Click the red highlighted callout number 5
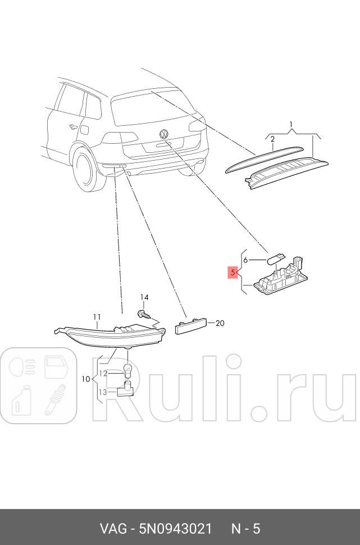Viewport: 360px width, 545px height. tap(232, 273)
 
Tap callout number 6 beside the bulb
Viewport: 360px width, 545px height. tap(245, 260)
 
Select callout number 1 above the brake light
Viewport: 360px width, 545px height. tap(291, 124)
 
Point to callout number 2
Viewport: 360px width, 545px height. tap(272, 139)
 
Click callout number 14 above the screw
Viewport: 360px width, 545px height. tap(144, 297)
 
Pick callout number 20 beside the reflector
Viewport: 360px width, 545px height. tap(220, 323)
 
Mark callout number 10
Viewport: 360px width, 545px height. tap(85, 379)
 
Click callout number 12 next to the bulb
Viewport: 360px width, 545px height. tap(103, 373)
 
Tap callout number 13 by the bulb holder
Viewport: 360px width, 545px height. tap(103, 392)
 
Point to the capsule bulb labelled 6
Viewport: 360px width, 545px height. tap(274, 259)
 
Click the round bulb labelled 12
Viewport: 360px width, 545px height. tap(127, 370)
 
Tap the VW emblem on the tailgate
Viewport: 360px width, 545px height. tap(164, 134)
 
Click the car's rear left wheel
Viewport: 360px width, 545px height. tap(85, 171)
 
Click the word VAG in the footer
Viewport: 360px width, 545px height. tap(112, 529)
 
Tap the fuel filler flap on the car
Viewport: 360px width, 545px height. tap(84, 129)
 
